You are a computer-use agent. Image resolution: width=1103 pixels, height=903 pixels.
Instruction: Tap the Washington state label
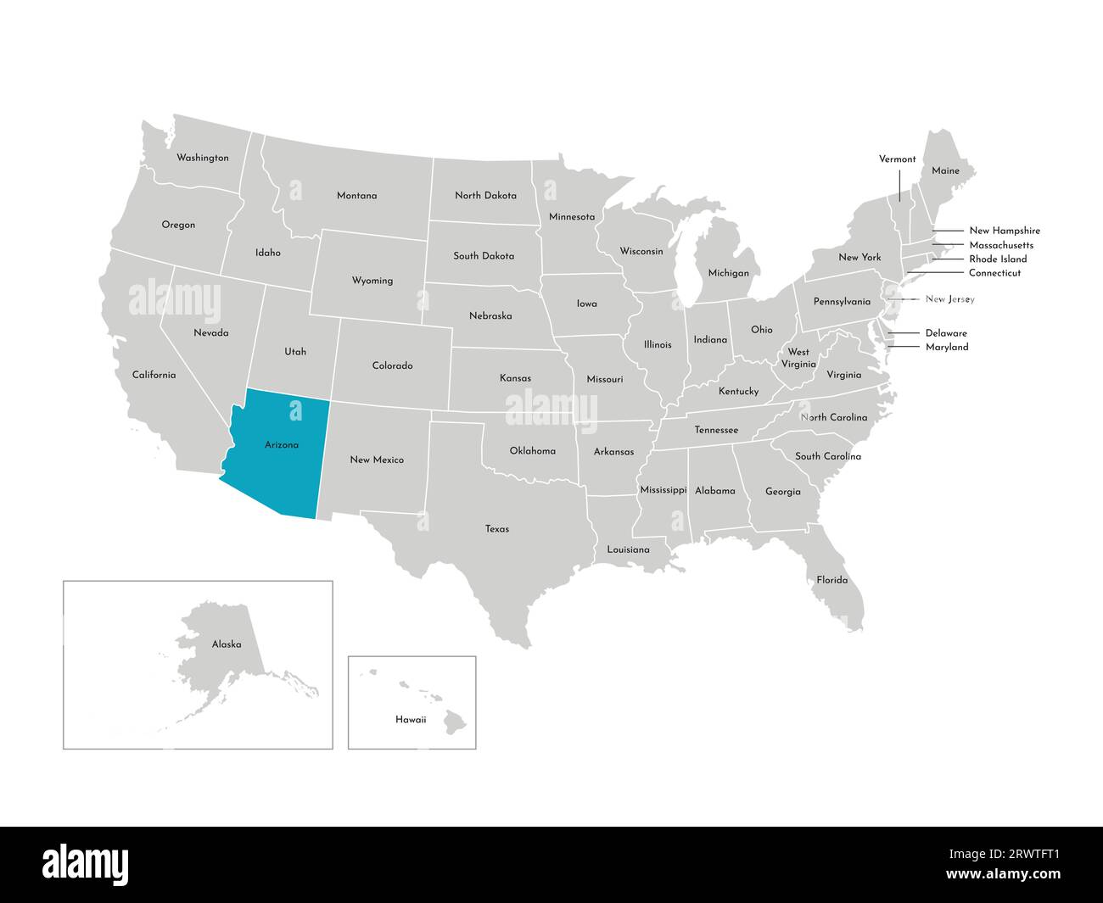point(202,158)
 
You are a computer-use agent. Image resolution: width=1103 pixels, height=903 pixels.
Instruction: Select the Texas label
point(497,529)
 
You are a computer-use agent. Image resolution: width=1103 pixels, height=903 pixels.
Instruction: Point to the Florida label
point(831,581)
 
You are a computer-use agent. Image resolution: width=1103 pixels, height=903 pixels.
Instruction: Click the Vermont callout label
point(897,159)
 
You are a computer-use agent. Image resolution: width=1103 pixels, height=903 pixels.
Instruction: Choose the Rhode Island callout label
point(998,259)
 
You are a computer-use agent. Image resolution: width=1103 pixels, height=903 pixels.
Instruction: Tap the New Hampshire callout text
point(1005,231)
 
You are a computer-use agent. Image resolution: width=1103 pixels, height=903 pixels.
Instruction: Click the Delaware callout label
point(946,333)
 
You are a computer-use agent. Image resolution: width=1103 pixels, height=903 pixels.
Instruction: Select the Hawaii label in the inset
point(411,720)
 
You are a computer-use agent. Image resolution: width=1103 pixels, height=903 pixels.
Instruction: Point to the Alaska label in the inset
point(227,644)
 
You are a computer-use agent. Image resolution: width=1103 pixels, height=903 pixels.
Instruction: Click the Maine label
point(945,171)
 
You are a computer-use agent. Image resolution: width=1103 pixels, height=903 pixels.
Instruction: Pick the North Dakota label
point(485,196)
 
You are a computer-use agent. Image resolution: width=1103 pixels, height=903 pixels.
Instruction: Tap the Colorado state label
point(392,366)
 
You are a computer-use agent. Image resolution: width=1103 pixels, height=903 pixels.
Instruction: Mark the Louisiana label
point(628,550)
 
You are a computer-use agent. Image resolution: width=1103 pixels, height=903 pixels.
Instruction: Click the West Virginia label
point(798,358)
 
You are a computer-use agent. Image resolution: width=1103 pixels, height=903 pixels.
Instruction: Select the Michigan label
point(729,274)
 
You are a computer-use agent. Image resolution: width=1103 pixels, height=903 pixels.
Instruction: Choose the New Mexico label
point(377,460)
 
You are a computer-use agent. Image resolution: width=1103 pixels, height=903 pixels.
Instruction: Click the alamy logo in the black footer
point(86,865)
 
